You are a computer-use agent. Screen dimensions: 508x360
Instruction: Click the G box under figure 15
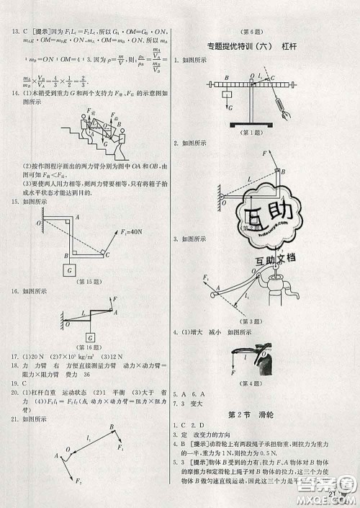coord(70,270)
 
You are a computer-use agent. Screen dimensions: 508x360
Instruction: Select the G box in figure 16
coord(91,337)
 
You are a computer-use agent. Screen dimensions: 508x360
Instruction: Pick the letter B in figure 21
coord(112,427)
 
